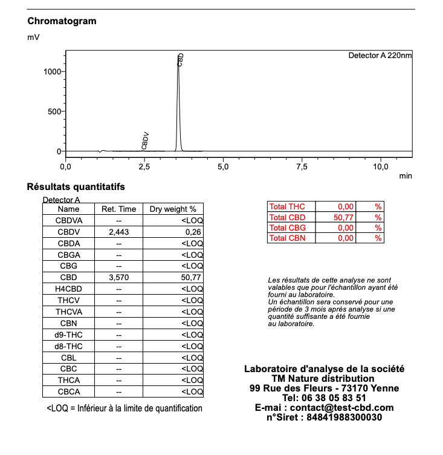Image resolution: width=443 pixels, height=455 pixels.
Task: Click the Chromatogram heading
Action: tap(62, 21)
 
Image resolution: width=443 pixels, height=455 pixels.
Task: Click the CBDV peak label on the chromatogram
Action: tap(145, 140)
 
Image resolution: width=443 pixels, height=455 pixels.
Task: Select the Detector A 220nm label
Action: tap(380, 56)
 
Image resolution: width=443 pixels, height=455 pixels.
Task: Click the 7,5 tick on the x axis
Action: tap(302, 166)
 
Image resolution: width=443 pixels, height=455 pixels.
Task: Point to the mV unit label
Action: tap(33, 38)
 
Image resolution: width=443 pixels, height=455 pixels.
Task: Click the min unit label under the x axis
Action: tap(406, 176)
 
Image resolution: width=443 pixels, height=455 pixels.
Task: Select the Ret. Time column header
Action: tap(119, 209)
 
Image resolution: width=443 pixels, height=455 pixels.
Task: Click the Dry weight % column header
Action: tap(173, 209)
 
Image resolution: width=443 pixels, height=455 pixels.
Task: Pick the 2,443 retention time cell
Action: tap(119, 232)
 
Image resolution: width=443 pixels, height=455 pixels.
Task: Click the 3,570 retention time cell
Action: tap(119, 278)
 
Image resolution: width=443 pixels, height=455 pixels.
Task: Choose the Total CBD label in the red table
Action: tap(288, 218)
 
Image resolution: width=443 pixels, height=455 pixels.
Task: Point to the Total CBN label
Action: tap(288, 238)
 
